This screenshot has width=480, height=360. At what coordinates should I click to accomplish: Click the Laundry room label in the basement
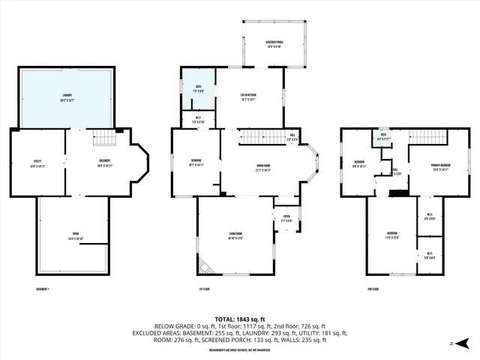(x=67, y=99)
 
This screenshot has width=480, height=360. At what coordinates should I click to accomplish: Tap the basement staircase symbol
(x=106, y=138)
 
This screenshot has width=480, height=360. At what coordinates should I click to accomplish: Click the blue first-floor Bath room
(x=199, y=88)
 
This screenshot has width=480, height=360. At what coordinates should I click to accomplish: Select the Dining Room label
(x=262, y=169)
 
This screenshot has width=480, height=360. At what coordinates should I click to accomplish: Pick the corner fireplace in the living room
(x=205, y=265)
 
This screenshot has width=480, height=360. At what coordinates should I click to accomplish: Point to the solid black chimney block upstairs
(x=400, y=193)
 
